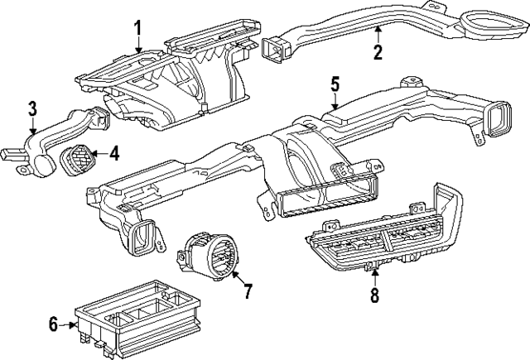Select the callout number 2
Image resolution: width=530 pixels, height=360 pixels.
[378, 53]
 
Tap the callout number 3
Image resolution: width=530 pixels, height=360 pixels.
[31, 108]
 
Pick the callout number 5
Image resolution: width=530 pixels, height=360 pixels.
[335, 84]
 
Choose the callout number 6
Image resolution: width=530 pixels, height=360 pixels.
[54, 325]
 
